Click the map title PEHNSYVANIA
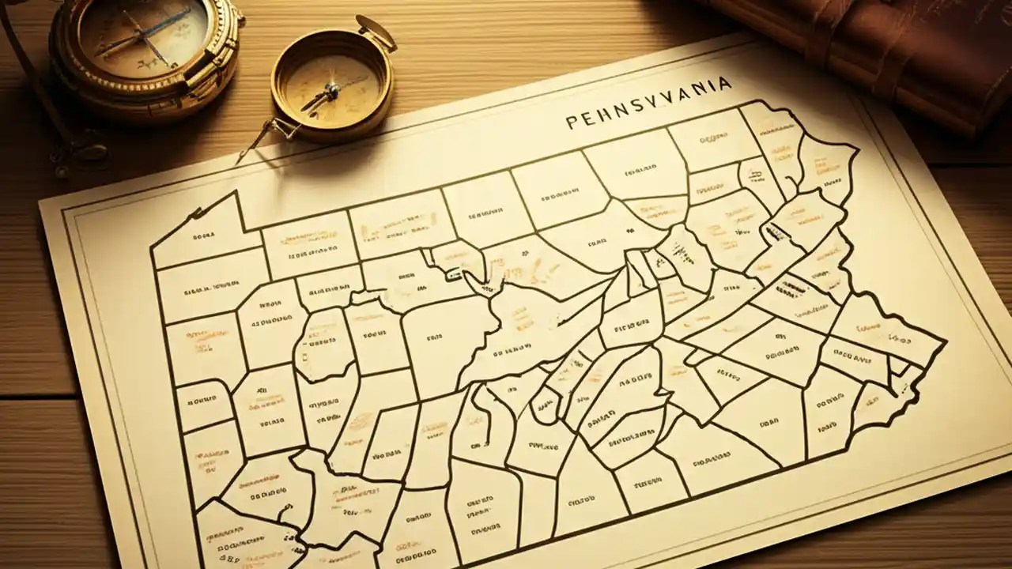[648, 119]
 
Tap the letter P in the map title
[572, 123]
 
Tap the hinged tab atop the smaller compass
[375, 32]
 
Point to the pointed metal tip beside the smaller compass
[240, 158]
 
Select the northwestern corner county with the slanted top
[202, 229]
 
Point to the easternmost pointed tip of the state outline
[945, 341]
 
